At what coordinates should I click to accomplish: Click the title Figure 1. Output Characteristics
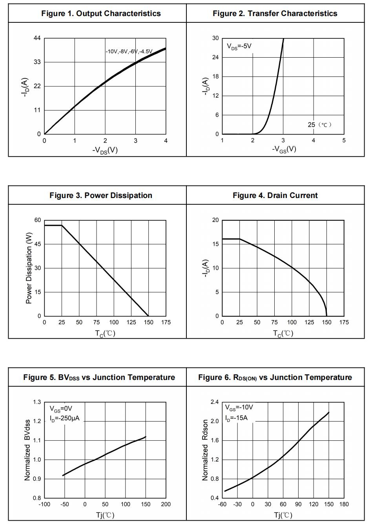[101, 13]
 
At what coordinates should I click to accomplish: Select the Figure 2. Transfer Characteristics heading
[275, 13]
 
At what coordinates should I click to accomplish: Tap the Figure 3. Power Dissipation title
[101, 195]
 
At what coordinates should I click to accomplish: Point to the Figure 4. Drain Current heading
[275, 195]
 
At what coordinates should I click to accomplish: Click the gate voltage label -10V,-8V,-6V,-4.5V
[129, 51]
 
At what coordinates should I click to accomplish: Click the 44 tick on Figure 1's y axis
[37, 38]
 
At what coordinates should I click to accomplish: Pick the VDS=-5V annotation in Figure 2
[239, 46]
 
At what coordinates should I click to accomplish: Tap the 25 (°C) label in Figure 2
[319, 125]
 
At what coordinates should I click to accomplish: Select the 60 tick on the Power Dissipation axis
[37, 220]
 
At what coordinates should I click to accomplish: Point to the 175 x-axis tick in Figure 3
[166, 322]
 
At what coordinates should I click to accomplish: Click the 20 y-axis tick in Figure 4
[215, 220]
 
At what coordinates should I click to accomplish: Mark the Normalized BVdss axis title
[27, 450]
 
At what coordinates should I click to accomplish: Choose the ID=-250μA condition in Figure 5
[64, 418]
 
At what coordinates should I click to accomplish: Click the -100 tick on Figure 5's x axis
[44, 504]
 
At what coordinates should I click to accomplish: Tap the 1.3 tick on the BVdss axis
[37, 402]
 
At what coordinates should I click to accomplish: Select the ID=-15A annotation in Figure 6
[236, 418]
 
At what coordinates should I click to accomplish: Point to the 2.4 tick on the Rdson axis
[215, 402]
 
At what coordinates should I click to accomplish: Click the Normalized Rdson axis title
[205, 450]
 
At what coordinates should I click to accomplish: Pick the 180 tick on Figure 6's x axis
[344, 504]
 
